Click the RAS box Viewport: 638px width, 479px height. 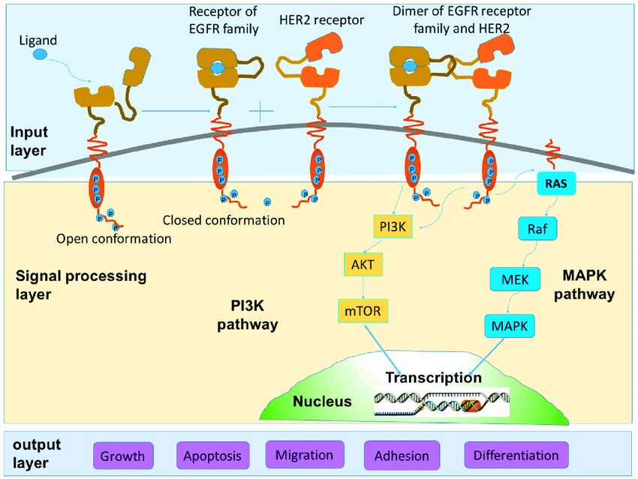click(555, 183)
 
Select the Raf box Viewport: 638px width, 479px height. click(537, 229)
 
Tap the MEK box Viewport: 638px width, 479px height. click(515, 279)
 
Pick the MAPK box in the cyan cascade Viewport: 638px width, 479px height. click(510, 326)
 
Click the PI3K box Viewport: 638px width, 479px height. click(393, 227)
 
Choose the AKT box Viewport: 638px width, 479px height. click(363, 264)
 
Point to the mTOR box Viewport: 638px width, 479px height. click(363, 311)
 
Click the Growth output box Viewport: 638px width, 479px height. click(123, 456)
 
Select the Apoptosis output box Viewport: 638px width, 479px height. click(212, 456)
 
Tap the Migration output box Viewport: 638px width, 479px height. click(304, 455)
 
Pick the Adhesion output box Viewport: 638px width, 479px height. click(402, 456)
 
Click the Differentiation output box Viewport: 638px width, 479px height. click(516, 455)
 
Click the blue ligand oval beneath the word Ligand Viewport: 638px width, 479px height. click(40, 54)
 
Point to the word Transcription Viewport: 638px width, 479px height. click(434, 377)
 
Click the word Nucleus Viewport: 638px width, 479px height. click(322, 401)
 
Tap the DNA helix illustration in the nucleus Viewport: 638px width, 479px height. click(442, 402)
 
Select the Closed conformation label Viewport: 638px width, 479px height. click(224, 220)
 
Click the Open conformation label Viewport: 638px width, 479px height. click(114, 239)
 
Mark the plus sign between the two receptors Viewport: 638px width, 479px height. click(260, 110)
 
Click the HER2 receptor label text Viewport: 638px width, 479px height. click(321, 20)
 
